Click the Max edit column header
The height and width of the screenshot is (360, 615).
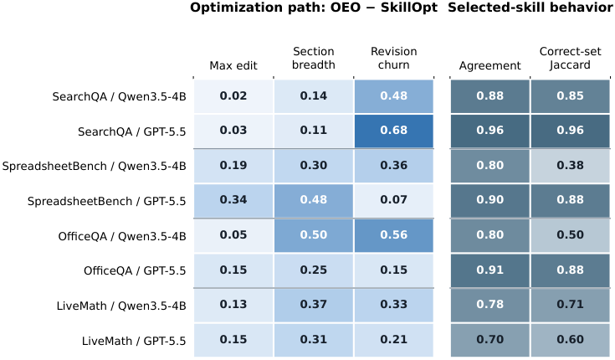pyautogui.click(x=233, y=65)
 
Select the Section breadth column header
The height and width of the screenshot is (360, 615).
pyautogui.click(x=314, y=58)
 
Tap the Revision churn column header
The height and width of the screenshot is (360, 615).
pyautogui.click(x=394, y=58)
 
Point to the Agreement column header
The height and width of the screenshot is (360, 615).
pyautogui.click(x=489, y=65)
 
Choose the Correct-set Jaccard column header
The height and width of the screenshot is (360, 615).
pyautogui.click(x=571, y=58)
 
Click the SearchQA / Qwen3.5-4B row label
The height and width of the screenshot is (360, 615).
pyautogui.click(x=119, y=96)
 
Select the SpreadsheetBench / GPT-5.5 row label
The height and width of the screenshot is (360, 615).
pyautogui.click(x=107, y=202)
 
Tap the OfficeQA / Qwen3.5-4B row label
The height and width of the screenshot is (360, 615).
pyautogui.click(x=122, y=236)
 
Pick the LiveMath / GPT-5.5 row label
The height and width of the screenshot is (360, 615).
pyautogui.click(x=134, y=341)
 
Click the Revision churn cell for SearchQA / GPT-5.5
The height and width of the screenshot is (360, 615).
pyautogui.click(x=394, y=131)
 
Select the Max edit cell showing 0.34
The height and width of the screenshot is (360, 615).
pyautogui.click(x=233, y=201)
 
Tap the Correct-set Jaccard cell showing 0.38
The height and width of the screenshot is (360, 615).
pyautogui.click(x=571, y=166)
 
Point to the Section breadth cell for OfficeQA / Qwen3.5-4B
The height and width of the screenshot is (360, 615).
pyautogui.click(x=314, y=235)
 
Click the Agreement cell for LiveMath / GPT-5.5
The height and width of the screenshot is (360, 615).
pyautogui.click(x=489, y=340)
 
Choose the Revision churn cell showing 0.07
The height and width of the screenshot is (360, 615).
pyautogui.click(x=394, y=201)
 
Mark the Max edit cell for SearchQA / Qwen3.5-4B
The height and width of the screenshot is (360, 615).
pyautogui.click(x=233, y=96)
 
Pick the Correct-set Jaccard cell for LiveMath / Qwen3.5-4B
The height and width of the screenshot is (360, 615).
pyautogui.click(x=571, y=305)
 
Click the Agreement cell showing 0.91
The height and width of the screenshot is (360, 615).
pyautogui.click(x=489, y=270)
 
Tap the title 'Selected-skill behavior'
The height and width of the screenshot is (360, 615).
pyautogui.click(x=530, y=8)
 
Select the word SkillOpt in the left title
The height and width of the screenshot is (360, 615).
pyautogui.click(x=408, y=8)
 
